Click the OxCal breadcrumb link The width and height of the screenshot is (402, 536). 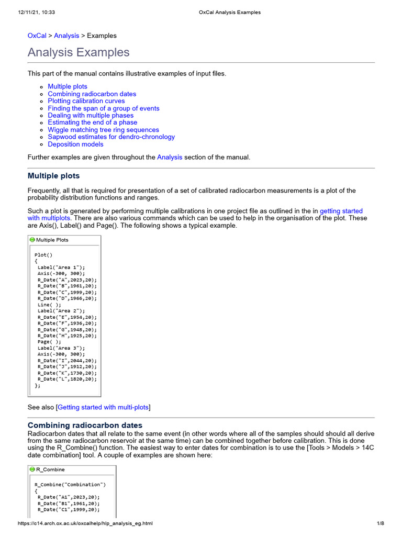point(37,36)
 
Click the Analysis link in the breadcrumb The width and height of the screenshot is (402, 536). point(66,36)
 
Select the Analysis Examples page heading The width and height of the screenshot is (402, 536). point(79,52)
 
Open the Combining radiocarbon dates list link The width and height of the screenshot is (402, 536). point(92,94)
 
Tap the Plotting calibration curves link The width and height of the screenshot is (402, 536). point(86,101)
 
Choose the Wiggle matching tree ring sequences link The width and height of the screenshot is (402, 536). point(103,130)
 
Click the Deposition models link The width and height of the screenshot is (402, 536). point(75,144)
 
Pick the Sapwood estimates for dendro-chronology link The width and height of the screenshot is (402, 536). point(111,137)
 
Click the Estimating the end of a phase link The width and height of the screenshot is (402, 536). point(93,122)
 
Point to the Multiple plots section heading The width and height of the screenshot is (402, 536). point(53,176)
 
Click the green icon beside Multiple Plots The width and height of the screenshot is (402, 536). point(32,240)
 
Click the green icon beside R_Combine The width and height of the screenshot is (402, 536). point(32,470)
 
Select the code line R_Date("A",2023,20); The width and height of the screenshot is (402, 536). point(67,280)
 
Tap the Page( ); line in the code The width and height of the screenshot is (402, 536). point(49,342)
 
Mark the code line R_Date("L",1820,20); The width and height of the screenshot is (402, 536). point(67,379)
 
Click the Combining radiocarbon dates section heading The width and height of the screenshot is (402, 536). point(85,426)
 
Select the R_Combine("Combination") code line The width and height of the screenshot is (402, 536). point(70,485)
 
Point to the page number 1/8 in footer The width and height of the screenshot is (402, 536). point(381,523)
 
